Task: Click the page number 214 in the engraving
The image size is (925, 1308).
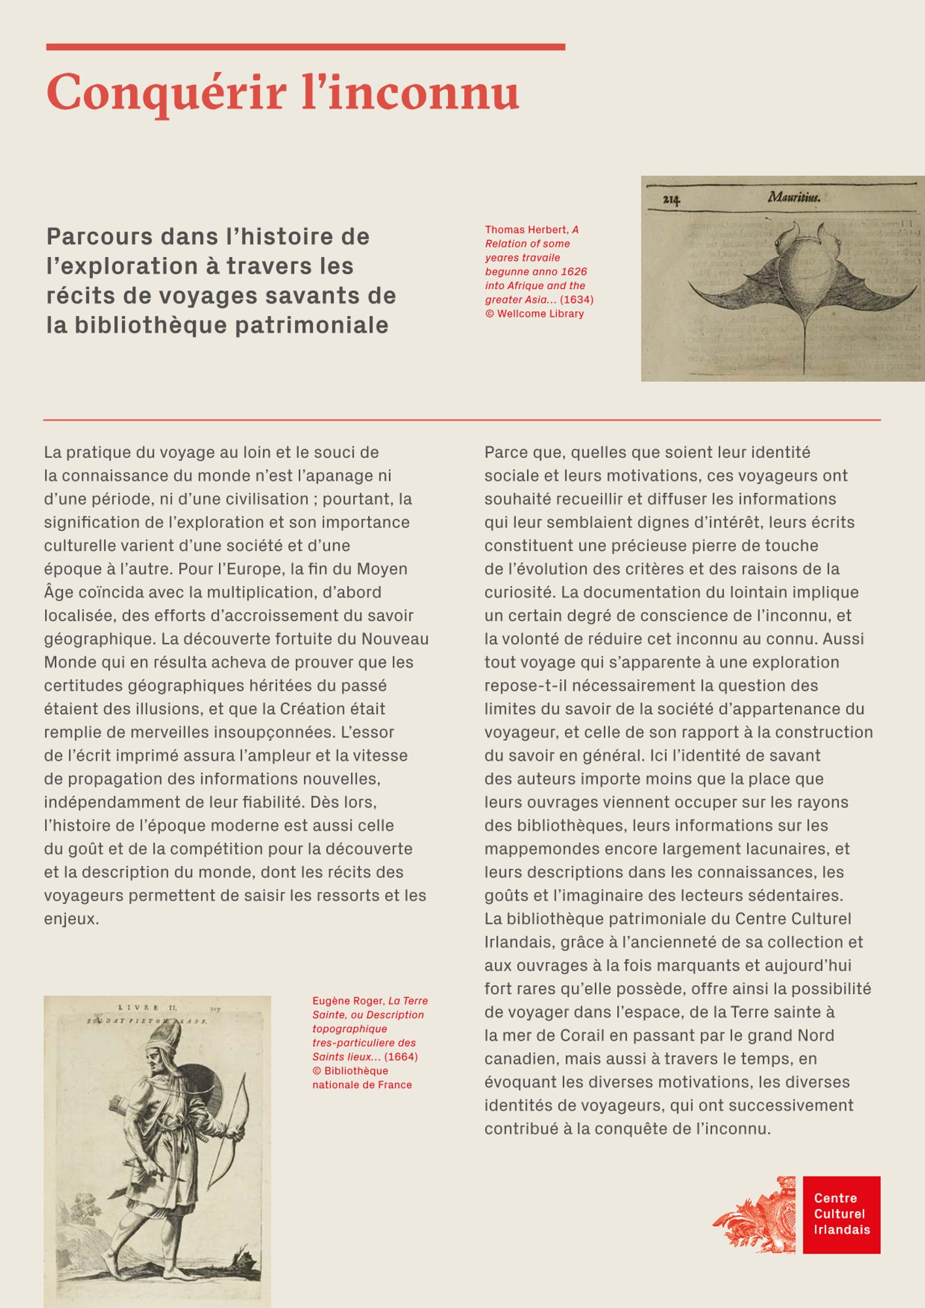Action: tap(671, 200)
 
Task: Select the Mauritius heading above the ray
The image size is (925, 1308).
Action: tap(794, 196)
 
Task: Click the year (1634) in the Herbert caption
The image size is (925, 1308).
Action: tap(577, 300)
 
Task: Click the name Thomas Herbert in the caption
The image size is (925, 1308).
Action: tap(526, 230)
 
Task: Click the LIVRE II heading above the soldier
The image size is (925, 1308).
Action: tap(147, 1008)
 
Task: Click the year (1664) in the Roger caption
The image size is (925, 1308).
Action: tap(401, 1057)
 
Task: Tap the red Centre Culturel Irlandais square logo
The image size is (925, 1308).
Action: tap(841, 1214)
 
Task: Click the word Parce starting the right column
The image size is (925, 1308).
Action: tap(503, 453)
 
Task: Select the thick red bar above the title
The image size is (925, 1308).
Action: tap(305, 47)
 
